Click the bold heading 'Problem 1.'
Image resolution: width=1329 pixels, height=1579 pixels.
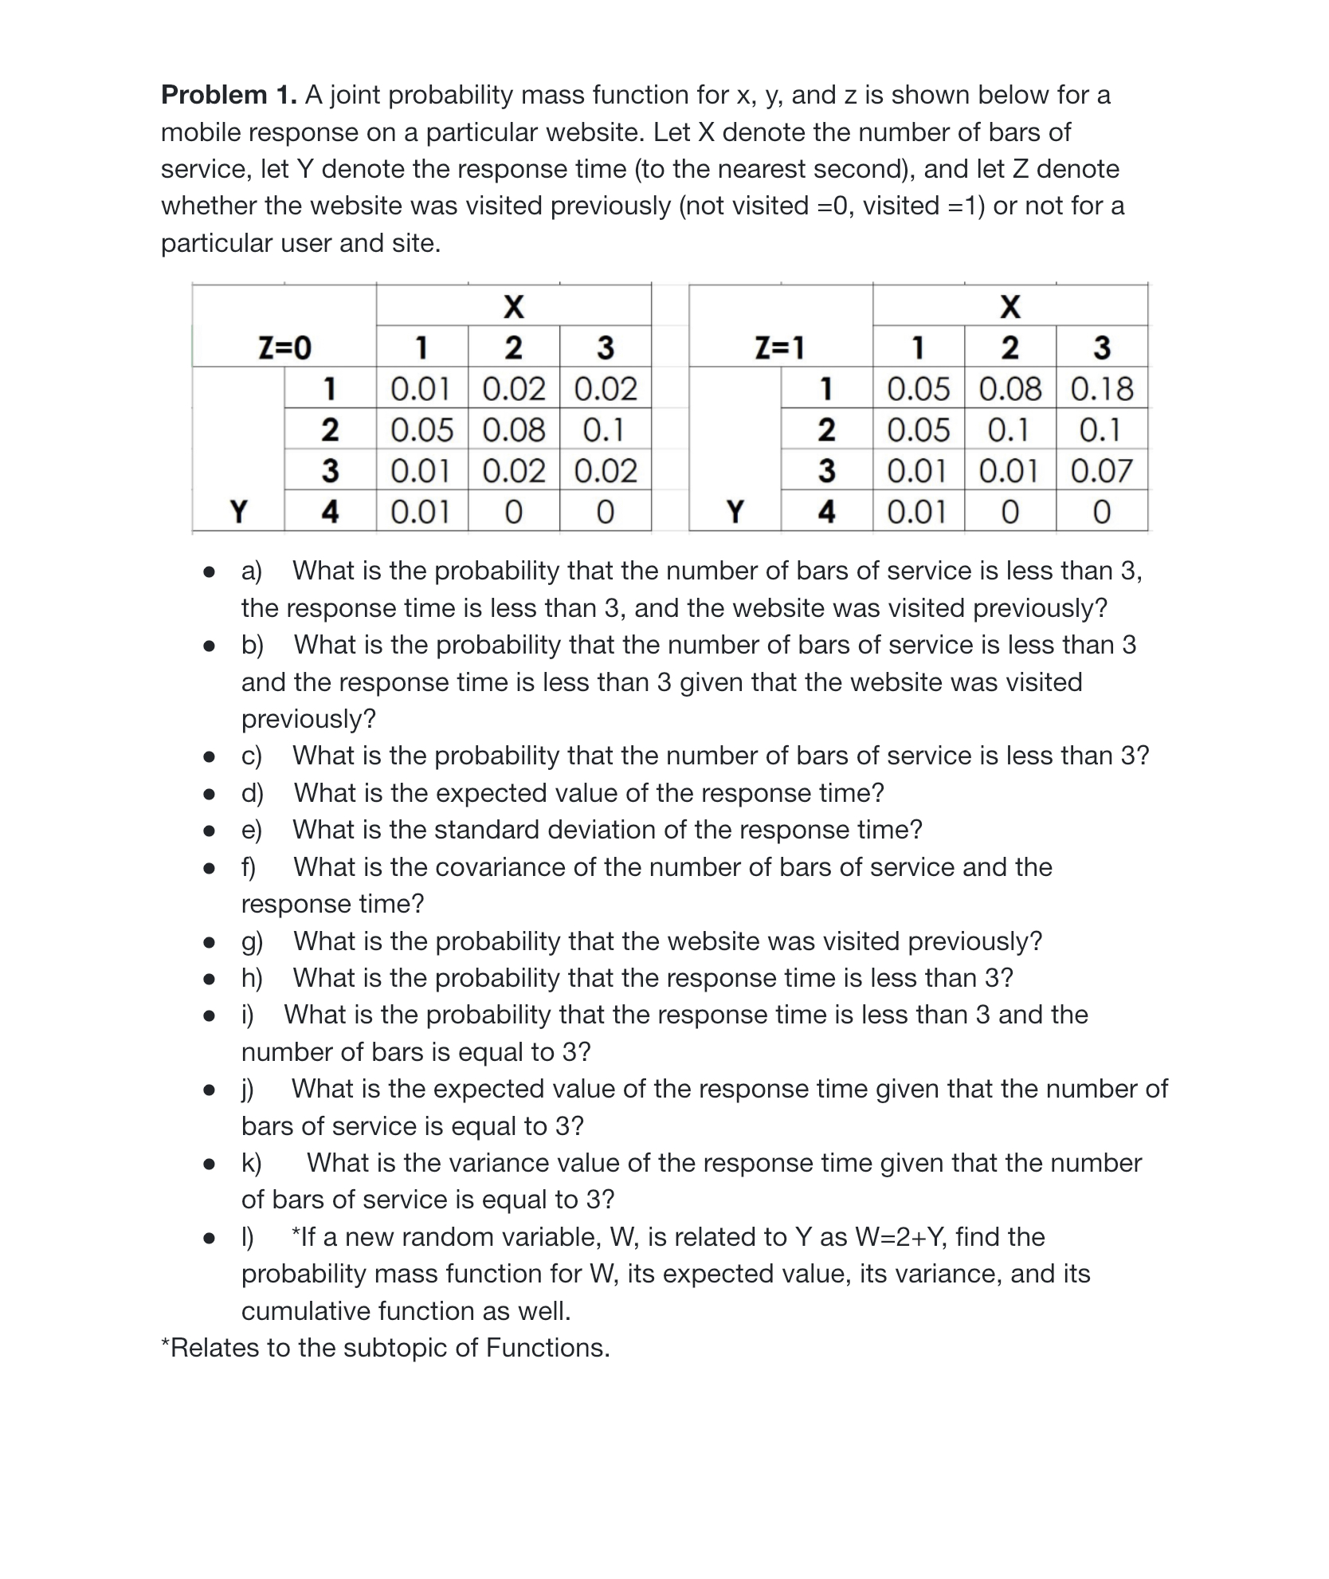pos(229,95)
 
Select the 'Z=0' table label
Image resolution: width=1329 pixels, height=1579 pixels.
pos(284,348)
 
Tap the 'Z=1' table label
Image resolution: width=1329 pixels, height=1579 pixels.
pos(780,348)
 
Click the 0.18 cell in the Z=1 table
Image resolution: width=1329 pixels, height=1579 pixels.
pos(1102,389)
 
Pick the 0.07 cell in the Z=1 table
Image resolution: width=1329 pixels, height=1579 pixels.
pos(1102,471)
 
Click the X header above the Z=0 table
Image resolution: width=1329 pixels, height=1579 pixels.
pos(514,306)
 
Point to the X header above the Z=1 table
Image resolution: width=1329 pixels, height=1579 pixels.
pos(1009,306)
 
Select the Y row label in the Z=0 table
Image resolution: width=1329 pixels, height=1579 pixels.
pos(237,511)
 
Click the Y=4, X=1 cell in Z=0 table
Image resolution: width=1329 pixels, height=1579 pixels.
pos(421,512)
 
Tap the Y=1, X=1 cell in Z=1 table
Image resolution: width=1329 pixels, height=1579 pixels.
pos(918,389)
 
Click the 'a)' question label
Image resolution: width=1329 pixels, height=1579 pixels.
pos(252,572)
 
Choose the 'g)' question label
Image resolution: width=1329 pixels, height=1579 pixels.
pos(253,941)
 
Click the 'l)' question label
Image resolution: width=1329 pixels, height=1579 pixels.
pos(248,1237)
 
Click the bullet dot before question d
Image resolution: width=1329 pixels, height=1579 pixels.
pos(209,794)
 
